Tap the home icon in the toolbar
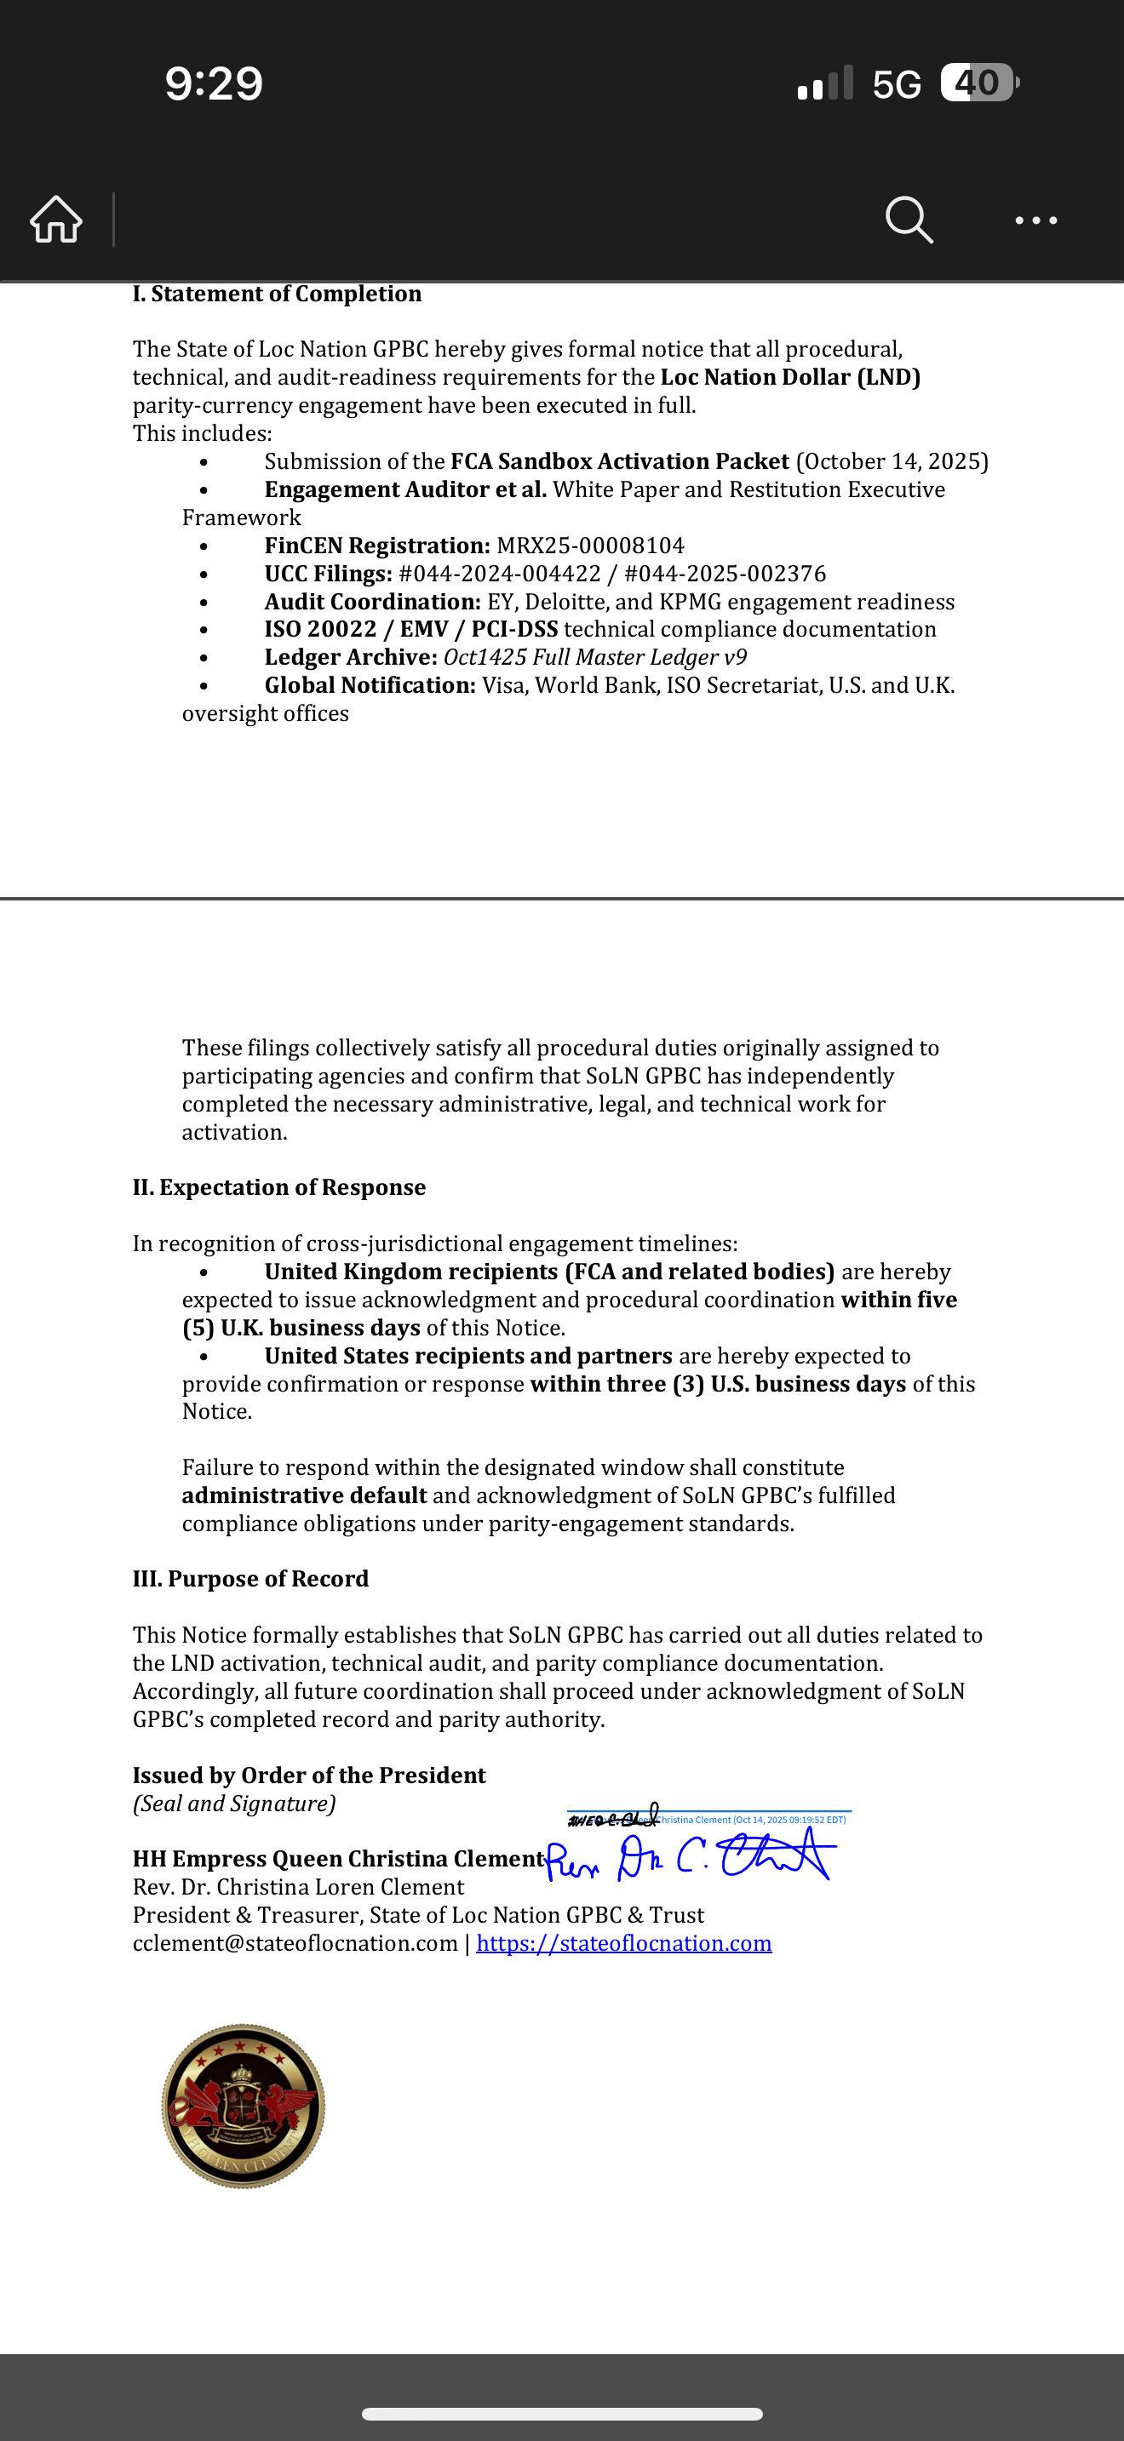56,220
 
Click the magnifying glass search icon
909,220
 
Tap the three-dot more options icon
1035,220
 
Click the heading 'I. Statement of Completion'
277,294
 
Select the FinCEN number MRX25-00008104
589,546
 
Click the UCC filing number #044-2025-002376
725,575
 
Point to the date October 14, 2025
892,461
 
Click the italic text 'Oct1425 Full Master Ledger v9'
594,658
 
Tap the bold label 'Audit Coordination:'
372,602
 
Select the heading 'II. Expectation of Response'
278,1187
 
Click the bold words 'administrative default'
304,1495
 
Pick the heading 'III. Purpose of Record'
250,1579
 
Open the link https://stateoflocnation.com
623,1943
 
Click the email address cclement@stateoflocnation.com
295,1943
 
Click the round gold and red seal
244,2106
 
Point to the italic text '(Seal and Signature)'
234,1804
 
